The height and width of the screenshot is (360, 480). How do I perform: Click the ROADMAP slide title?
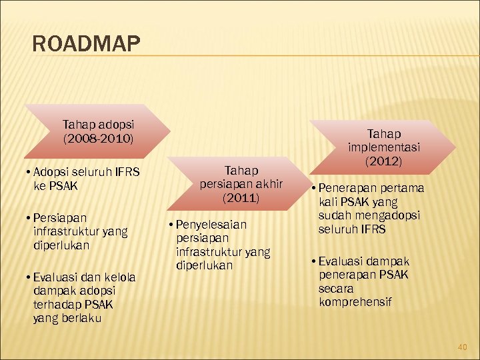[x=86, y=45]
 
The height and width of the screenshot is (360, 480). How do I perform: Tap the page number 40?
[x=463, y=347]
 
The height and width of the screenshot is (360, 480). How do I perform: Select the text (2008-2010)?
[x=98, y=139]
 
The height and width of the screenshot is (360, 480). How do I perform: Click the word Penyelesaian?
[x=211, y=224]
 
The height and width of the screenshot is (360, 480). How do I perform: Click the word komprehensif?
[x=355, y=303]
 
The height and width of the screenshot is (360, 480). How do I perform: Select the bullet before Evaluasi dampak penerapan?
[x=313, y=261]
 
